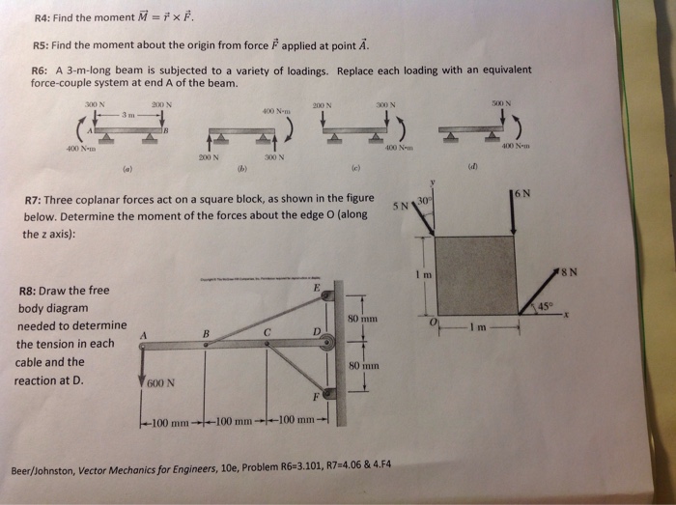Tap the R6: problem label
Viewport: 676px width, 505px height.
click(42, 70)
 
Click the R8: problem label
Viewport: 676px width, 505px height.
click(31, 291)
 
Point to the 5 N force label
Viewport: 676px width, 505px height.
click(398, 206)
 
